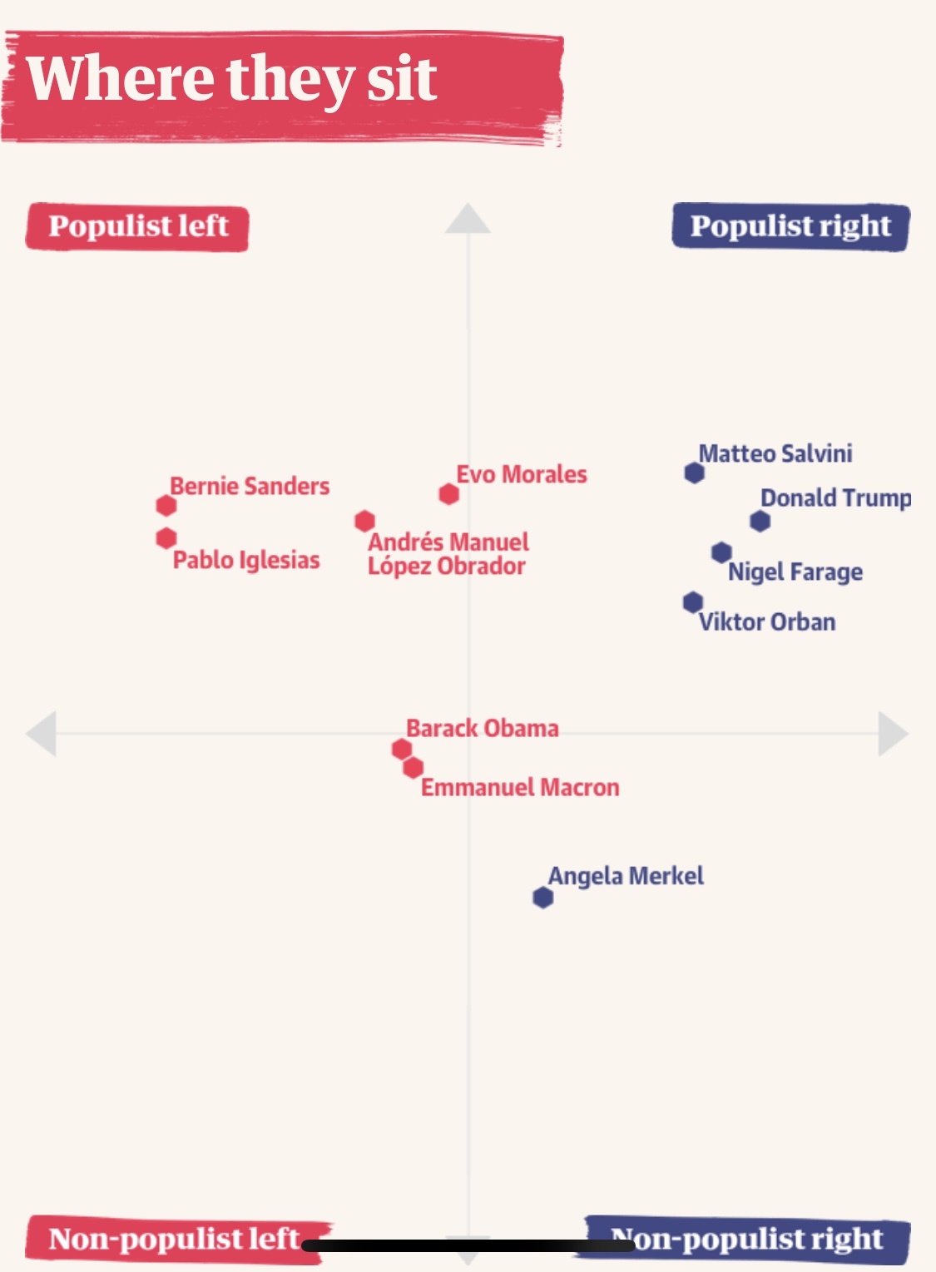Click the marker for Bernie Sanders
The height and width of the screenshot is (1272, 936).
click(166, 505)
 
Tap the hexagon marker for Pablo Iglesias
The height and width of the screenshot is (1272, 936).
click(166, 538)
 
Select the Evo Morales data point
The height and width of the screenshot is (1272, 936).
click(449, 494)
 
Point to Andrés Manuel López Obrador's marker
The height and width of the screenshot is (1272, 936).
click(364, 521)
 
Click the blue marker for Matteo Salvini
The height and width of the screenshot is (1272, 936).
click(695, 473)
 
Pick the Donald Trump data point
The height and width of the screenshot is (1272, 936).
click(760, 522)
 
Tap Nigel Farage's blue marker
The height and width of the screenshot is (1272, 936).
click(721, 552)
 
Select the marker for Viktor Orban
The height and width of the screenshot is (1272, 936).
click(692, 601)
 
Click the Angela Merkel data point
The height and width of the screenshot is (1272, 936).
click(543, 898)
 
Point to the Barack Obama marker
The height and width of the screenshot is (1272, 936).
click(402, 749)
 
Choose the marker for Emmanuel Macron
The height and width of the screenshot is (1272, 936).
click(413, 767)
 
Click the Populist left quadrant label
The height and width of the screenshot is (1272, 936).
click(137, 227)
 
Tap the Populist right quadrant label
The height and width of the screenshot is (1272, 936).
click(790, 227)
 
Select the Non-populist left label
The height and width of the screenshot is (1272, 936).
click(173, 1239)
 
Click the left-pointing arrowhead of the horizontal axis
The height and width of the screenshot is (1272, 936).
click(42, 734)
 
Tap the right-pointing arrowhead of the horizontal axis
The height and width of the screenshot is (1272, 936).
click(893, 734)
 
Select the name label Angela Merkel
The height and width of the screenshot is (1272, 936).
click(626, 876)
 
